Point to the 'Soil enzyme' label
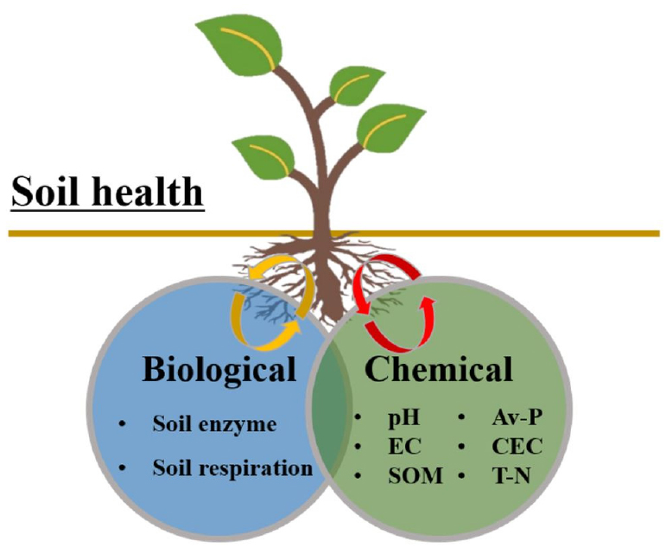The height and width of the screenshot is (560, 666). pos(214,424)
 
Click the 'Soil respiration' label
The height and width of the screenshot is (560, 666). pos(232,468)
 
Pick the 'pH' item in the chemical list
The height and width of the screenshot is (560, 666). pos(403,419)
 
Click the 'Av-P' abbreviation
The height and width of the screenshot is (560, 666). pos(516,419)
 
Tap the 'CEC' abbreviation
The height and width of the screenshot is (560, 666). pos(517,448)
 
